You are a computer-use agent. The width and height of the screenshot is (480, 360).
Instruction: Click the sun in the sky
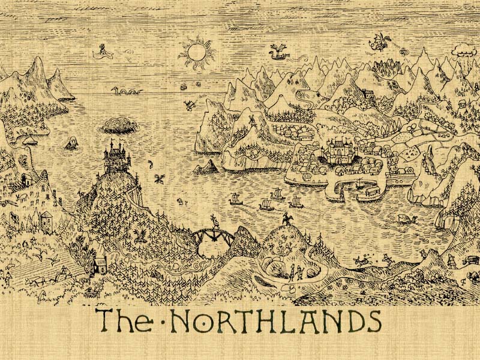click(198, 53)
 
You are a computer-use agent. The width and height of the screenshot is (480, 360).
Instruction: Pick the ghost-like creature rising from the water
click(71, 143)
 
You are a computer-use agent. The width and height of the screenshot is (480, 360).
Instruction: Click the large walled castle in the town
click(340, 150)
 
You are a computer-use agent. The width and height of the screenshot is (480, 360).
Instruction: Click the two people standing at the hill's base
click(295, 272)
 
